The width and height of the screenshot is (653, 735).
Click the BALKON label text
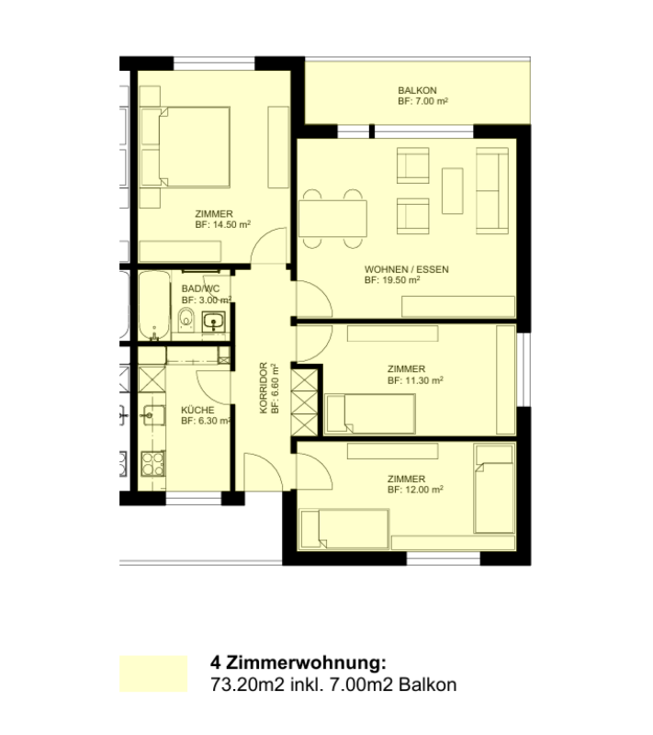tap(417, 90)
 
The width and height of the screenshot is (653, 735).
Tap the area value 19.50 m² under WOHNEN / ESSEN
tap(400, 280)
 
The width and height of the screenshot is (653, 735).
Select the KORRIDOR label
tap(264, 388)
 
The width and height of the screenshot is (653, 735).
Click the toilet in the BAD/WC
tap(186, 320)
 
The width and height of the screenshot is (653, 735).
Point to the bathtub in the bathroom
tap(154, 305)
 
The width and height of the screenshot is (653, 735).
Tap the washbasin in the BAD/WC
tap(214, 322)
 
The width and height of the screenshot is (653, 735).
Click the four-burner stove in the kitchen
tap(153, 463)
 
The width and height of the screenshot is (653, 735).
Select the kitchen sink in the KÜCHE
tap(153, 415)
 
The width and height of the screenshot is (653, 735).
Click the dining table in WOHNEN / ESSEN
tap(332, 219)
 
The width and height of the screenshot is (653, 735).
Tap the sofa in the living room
tap(492, 190)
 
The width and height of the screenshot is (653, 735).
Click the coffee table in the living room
tap(453, 191)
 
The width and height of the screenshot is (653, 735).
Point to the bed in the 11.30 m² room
tap(370, 414)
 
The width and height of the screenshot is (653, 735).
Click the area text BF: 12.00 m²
tap(415, 490)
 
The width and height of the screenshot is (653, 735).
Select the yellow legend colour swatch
tap(153, 673)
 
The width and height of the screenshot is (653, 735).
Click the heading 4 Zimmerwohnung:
tap(298, 662)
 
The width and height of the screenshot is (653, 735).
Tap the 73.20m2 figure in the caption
tap(247, 684)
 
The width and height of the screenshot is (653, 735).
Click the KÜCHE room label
tap(197, 410)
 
